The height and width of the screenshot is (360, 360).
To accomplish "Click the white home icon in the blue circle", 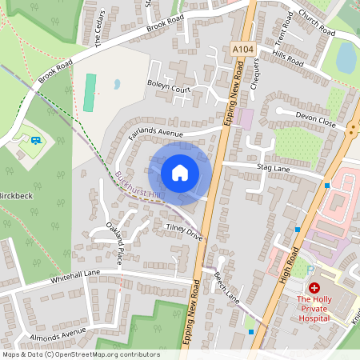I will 180,173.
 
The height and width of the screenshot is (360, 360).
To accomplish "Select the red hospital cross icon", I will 314,287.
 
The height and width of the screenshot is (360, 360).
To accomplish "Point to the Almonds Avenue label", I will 58,332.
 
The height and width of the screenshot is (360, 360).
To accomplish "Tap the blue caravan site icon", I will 36,141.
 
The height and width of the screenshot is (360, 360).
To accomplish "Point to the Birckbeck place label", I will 16,195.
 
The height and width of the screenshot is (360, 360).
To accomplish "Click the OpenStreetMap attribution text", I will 80,354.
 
